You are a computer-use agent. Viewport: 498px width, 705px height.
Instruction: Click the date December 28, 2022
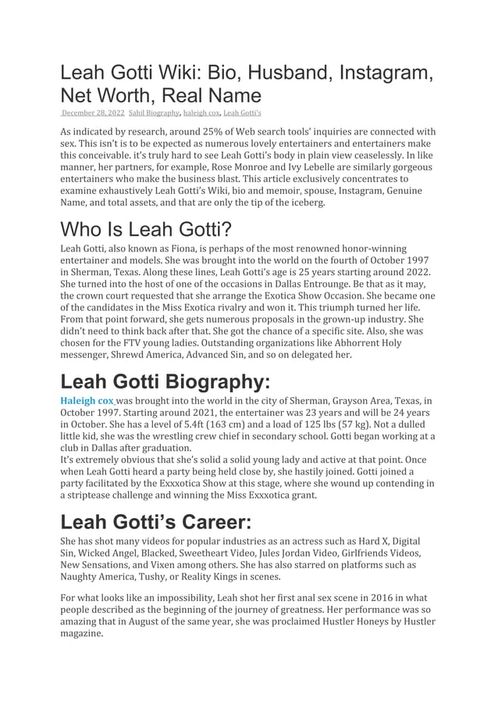(92, 113)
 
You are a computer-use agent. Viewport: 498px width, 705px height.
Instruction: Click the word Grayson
(349, 400)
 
